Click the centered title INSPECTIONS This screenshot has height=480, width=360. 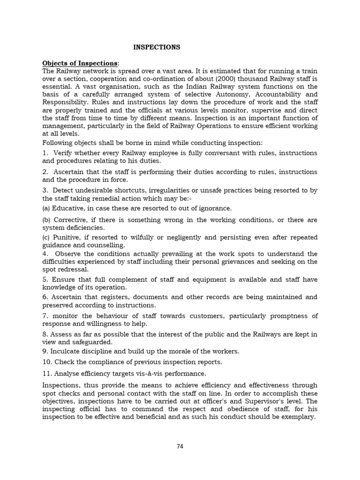157,47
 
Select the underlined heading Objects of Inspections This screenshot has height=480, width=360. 80,63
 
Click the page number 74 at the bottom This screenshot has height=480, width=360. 180,446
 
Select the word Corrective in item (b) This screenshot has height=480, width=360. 70,219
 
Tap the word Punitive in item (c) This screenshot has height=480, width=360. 67,237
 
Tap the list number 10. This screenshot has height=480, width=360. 46,362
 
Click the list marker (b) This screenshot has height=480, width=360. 46,219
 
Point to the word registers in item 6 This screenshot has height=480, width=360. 103,297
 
